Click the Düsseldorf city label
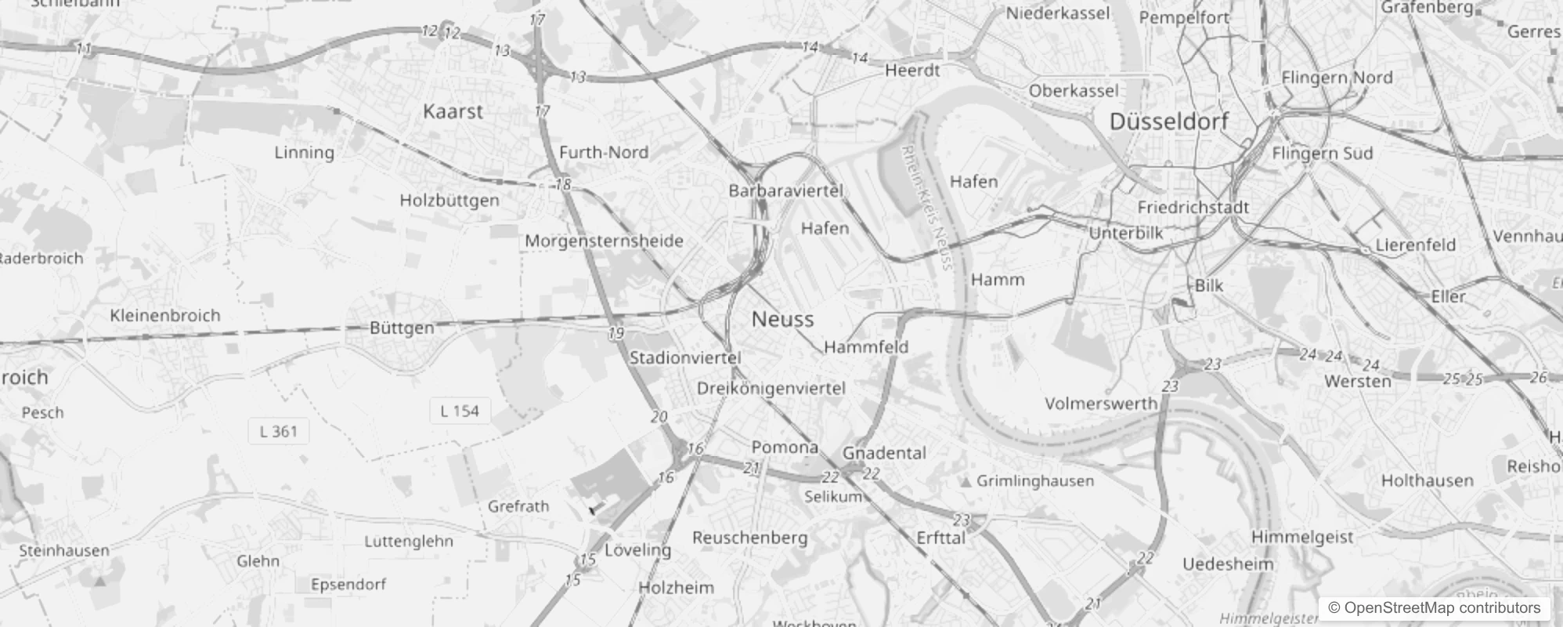1169,121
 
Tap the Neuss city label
782,319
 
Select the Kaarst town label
453,111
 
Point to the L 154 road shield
460,411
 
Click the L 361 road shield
279,431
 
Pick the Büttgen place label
402,328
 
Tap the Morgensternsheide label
604,241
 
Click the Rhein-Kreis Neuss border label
926,207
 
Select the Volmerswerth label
1101,404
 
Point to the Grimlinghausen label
1035,480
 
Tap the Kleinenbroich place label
165,315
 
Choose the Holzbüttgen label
449,200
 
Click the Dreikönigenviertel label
771,388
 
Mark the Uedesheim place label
1228,564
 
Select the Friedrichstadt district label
1193,208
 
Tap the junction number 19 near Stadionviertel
616,333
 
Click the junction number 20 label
659,417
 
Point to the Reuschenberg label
749,538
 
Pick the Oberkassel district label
1074,91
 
